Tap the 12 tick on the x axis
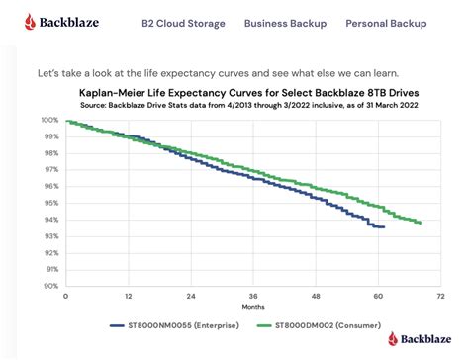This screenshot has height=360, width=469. (128, 296)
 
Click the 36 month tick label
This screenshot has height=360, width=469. (253, 296)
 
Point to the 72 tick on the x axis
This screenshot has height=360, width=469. (442, 296)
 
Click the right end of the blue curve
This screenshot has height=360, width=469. (384, 226)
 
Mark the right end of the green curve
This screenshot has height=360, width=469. (422, 223)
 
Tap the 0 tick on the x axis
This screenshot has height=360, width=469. (65, 296)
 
